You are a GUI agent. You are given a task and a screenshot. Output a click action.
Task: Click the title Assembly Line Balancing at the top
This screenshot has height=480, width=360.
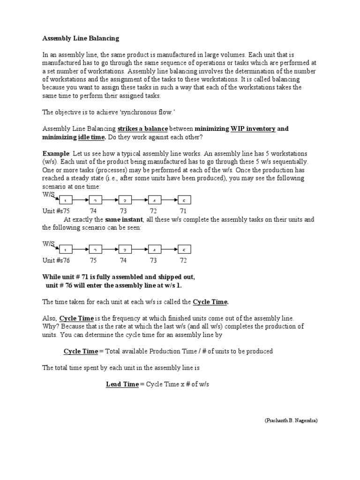[81, 38]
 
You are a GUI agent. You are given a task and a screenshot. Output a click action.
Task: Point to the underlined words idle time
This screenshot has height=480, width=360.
[92, 136]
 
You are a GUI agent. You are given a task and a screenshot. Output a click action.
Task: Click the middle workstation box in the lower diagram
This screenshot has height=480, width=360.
[125, 249]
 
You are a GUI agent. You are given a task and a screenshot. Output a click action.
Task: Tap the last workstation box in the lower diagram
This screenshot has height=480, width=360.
[184, 249]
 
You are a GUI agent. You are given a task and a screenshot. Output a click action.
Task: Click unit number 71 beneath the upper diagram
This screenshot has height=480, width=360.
[183, 211]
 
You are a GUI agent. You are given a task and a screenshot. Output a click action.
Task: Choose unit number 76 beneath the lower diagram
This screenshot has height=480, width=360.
[66, 261]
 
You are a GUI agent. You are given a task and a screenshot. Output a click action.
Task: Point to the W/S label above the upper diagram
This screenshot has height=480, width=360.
[49, 194]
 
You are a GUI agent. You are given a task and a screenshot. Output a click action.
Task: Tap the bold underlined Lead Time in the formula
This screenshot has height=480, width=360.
[122, 384]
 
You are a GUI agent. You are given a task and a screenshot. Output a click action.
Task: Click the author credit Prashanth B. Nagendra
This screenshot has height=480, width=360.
[291, 421]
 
